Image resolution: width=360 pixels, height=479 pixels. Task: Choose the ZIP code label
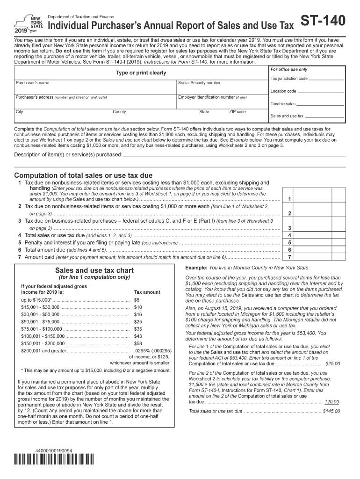pyautogui.click(x=237, y=112)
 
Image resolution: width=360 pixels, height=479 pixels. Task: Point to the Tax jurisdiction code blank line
pyautogui.click(x=327, y=79)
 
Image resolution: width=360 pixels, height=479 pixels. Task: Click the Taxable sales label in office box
pyautogui.click(x=283, y=104)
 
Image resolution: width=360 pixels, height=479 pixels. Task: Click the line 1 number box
pyautogui.click(x=290, y=199)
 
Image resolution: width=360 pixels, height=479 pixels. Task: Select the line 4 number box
pyautogui.click(x=290, y=235)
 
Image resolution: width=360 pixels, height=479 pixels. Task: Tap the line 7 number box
pyautogui.click(x=290, y=257)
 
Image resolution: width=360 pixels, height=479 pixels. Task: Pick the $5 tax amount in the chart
pyautogui.click(x=137, y=300)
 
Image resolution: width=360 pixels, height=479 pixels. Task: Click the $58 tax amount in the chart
pyautogui.click(x=137, y=343)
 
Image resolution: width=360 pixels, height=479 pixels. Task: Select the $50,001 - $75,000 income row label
pyautogui.click(x=40, y=322)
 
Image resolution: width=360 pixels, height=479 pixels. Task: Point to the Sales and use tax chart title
pyautogui.click(x=94, y=270)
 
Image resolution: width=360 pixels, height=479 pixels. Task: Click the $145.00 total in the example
pyautogui.click(x=331, y=411)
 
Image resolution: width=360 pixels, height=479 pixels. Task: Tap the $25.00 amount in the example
pyautogui.click(x=332, y=363)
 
